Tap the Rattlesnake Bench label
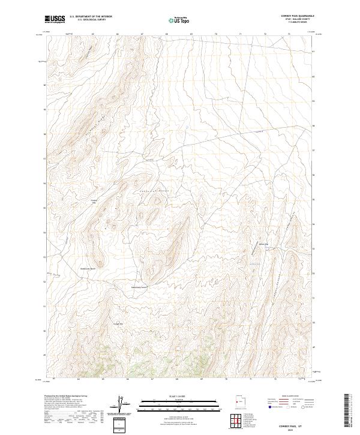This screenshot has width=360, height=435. [x=89, y=268]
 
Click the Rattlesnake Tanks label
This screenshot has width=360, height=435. [x=139, y=287]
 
